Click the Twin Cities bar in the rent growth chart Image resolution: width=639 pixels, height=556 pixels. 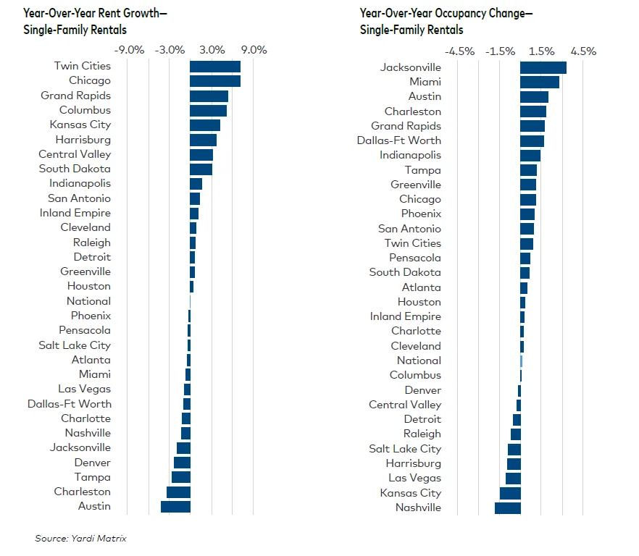tap(214, 67)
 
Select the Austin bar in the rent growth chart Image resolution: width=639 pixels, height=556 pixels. tap(175, 506)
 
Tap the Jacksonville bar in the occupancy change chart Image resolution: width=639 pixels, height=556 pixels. tap(543, 67)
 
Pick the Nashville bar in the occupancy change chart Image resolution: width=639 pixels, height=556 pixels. tap(507, 507)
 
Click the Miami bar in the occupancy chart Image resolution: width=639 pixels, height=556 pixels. tap(539, 82)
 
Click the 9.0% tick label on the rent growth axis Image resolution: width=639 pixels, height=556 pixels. tap(254, 50)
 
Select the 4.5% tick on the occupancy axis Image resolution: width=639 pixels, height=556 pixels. tap(582, 51)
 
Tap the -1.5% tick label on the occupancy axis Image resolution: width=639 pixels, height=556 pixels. tap(500, 51)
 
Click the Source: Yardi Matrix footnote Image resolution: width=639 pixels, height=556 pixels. tap(80, 538)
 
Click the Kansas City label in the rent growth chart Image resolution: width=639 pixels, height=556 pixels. tap(80, 125)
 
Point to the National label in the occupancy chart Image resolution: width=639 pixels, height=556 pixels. tap(418, 361)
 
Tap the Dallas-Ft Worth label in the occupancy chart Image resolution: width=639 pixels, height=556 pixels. tap(398, 140)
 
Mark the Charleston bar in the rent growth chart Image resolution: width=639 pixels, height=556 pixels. tap(178, 492)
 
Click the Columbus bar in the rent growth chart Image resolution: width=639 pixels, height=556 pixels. tap(208, 110)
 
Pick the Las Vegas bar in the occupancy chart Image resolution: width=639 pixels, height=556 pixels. tap(513, 478)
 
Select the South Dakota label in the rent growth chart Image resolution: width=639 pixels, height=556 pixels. tap(75, 169)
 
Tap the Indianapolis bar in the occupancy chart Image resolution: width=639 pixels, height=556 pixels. tap(530, 155)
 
